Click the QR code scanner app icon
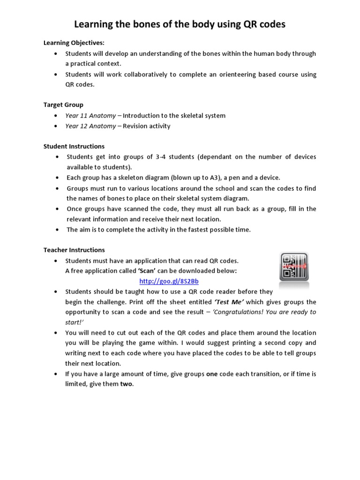tap(294, 266)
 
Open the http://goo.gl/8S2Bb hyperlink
tap(166, 281)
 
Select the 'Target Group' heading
tap(63, 105)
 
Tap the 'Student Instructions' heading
tap(74, 146)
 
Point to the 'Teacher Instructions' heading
tap(74, 250)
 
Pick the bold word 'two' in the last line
tap(127, 384)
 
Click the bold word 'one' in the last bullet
tap(212, 374)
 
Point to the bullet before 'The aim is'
tap(57, 230)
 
